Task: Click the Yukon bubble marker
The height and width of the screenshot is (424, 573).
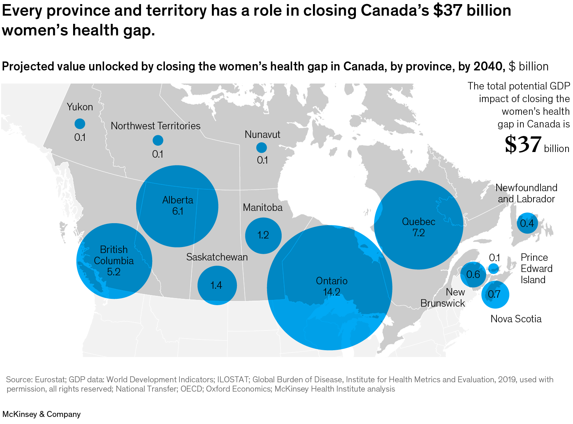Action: pos(80,124)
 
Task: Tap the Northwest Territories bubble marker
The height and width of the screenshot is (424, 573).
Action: pos(158,140)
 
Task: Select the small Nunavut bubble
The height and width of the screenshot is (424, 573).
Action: pos(262,148)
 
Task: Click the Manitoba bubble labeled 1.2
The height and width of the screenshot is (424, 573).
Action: pos(263,235)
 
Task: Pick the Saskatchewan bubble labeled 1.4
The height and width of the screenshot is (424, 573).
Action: pos(217,285)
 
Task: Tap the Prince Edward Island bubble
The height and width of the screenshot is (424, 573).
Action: pos(494,268)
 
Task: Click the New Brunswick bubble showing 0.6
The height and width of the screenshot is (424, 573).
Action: pos(473,275)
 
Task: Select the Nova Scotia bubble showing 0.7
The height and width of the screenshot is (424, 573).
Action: pos(495,295)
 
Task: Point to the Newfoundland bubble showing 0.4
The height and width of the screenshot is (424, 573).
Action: pos(527,223)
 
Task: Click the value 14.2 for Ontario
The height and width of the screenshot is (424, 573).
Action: pos(331,292)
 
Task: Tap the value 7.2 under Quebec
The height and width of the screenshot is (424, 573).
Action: pos(418,233)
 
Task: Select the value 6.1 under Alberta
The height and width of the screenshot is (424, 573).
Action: pos(178,211)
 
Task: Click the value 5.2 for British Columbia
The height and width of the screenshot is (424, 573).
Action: pos(114,272)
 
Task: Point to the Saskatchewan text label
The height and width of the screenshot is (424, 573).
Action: pos(217,257)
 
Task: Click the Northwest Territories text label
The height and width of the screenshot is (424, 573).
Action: pos(156,126)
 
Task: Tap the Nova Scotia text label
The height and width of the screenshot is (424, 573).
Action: pos(516,319)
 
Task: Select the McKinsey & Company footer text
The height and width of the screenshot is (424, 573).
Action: pos(41,414)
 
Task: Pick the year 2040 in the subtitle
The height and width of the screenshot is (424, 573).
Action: pos(488,66)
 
